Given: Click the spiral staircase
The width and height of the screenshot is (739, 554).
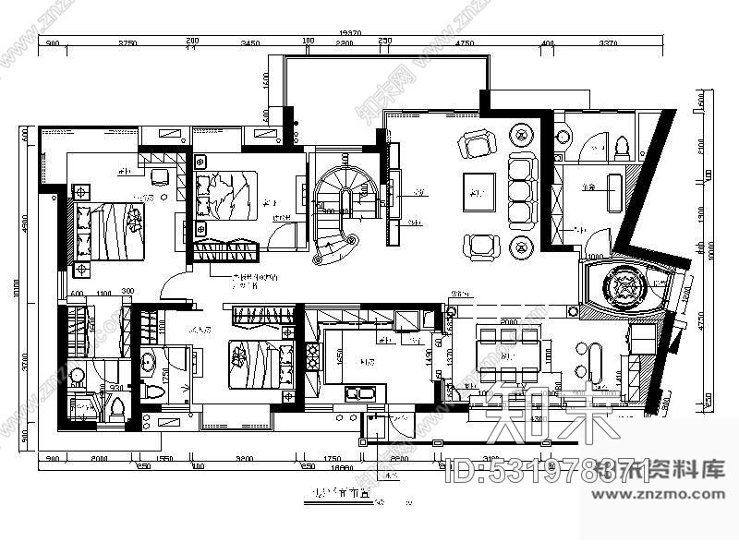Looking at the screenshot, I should (334, 216).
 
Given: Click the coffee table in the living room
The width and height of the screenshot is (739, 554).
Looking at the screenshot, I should (479, 192).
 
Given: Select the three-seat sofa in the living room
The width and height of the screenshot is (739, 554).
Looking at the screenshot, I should (522, 191).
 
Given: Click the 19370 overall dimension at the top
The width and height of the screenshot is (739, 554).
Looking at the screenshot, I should (351, 32).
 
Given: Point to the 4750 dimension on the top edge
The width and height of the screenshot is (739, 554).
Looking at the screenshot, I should (465, 43).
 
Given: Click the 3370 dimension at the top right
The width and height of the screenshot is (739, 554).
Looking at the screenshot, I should (608, 43).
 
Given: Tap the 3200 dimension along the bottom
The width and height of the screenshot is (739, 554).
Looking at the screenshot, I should (245, 457).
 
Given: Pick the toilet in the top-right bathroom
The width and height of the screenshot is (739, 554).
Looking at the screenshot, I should (622, 146).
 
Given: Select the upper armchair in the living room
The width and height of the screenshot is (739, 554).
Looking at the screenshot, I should (479, 144).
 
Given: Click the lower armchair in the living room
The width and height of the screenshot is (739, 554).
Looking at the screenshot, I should (479, 245).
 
